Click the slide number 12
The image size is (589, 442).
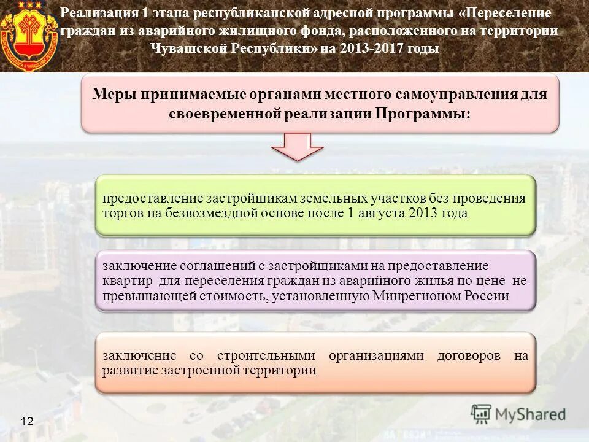(27, 421)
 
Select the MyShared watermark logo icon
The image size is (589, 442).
(482, 414)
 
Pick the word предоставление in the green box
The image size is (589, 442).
(153, 198)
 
